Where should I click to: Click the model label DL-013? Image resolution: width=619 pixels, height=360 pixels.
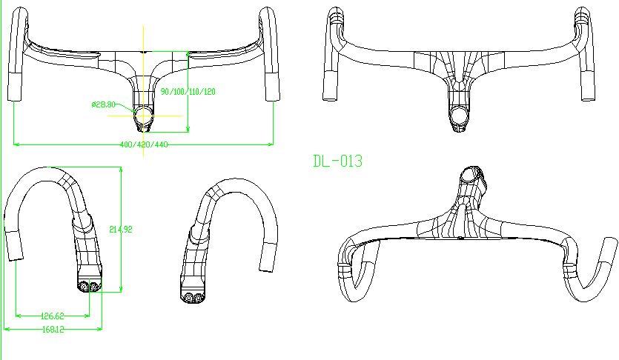point(338,161)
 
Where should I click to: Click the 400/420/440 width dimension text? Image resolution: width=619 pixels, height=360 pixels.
point(144,144)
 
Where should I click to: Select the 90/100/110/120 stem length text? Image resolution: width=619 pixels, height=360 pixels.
point(188,91)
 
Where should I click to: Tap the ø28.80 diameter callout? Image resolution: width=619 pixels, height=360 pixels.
point(103,104)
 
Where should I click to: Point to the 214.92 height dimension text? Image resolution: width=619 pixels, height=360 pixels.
point(119,230)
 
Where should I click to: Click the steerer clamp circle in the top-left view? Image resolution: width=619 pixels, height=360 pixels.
point(144,115)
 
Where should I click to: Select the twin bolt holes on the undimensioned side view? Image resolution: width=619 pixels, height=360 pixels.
point(192,296)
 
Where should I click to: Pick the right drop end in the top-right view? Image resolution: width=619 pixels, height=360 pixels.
point(587,84)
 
